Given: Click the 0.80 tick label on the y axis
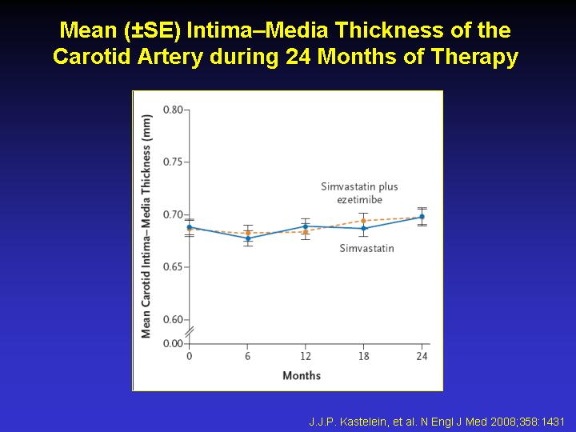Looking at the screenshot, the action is tap(173, 110).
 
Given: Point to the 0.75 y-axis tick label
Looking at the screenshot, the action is tap(173, 162).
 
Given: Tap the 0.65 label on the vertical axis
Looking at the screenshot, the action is tap(173, 266).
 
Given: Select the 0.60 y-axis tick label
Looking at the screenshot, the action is tap(173, 319).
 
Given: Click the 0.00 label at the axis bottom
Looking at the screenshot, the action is tap(173, 343).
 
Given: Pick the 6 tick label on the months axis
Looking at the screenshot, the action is tap(247, 356).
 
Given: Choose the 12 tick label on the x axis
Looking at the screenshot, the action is tap(306, 356).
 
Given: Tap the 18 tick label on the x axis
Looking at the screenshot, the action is tap(364, 356).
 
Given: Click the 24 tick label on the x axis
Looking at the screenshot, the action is tap(422, 356).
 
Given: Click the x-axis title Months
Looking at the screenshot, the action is tap(302, 375).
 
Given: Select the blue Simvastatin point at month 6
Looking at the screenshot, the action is tap(248, 238).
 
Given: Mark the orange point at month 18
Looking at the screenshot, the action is tap(363, 221).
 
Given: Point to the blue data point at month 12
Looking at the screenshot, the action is tap(306, 226).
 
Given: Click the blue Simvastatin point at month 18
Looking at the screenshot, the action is tap(363, 229).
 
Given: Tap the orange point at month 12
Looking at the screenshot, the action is tap(306, 232).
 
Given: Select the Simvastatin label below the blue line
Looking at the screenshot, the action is tap(366, 248).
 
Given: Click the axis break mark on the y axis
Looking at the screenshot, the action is tap(189, 332).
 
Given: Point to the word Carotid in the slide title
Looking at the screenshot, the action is tap(91, 56).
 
